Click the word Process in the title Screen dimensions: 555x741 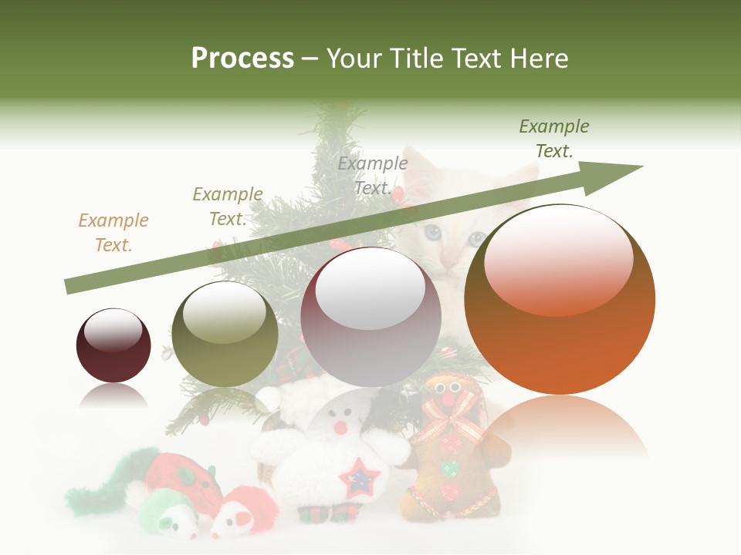[242, 58]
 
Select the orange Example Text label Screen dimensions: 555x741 [113, 233]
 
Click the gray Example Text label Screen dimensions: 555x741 [373, 176]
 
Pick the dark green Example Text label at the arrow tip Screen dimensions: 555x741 [554, 139]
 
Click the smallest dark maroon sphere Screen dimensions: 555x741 [113, 346]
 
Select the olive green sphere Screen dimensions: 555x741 [225, 334]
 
